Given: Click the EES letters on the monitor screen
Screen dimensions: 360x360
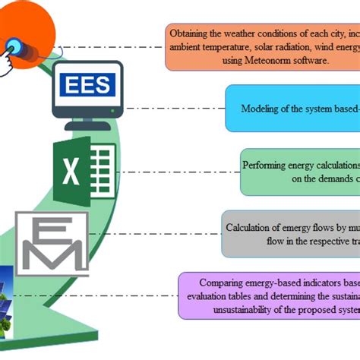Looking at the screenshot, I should (87, 84).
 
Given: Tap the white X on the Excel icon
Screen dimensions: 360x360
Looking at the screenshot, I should (71, 172).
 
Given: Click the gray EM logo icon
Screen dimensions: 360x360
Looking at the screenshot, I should (52, 244).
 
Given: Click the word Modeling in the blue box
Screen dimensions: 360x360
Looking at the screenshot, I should (261, 108).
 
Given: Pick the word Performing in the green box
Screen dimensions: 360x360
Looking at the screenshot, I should (267, 164).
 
